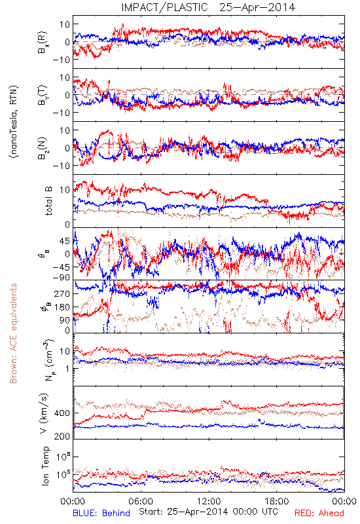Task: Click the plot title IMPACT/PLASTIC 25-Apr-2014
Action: click(x=208, y=7)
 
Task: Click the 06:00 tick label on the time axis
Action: click(x=141, y=501)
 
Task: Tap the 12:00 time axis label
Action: click(x=209, y=501)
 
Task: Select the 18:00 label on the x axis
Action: click(x=276, y=501)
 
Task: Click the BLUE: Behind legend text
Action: click(x=101, y=513)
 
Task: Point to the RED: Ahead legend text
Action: click(x=319, y=513)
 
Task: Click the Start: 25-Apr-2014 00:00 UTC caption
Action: click(x=208, y=512)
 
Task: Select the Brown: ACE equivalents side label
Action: click(x=13, y=333)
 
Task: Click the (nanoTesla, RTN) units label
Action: click(x=14, y=122)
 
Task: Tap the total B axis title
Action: click(x=48, y=201)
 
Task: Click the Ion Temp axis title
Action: click(x=45, y=466)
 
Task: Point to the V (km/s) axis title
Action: click(x=44, y=413)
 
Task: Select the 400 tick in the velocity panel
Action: click(x=62, y=413)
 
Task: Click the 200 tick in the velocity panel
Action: click(x=62, y=436)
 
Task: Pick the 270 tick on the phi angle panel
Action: click(x=63, y=293)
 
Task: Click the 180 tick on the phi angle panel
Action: click(x=63, y=307)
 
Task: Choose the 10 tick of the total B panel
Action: click(x=65, y=190)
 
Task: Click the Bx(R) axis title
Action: click(x=43, y=43)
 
